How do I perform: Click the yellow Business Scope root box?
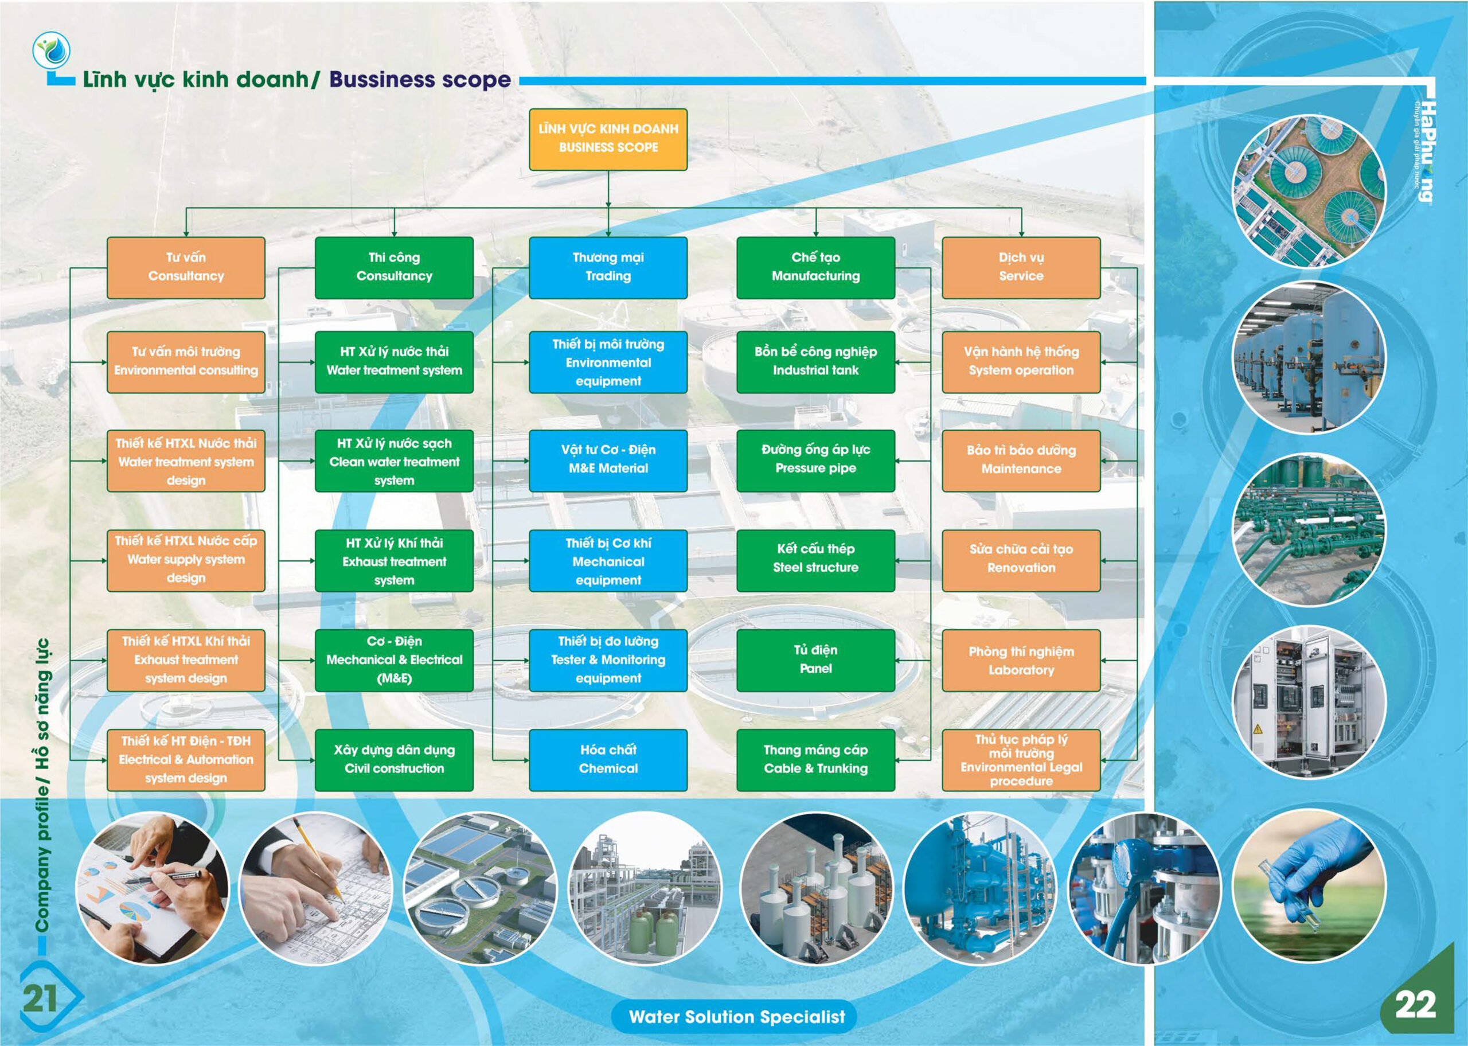608,139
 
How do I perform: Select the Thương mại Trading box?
608,267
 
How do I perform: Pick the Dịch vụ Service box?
1021,267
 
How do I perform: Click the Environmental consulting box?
185,362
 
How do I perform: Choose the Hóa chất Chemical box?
608,760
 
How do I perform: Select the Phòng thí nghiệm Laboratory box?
1021,660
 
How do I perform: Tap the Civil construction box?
393,760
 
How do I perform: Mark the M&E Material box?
608,460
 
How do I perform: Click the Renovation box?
1021,560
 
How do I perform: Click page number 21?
40,999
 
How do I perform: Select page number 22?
1415,1004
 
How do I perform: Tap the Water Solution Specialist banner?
736,1016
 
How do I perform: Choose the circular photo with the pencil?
315,888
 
